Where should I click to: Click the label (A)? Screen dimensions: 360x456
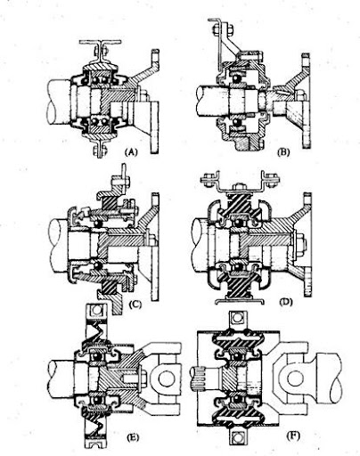(131, 152)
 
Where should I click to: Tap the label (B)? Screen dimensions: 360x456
(283, 152)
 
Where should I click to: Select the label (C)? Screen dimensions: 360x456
(135, 304)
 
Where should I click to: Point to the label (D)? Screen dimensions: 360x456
(286, 302)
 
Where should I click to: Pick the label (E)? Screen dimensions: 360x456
(133, 437)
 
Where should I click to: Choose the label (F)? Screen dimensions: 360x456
(293, 436)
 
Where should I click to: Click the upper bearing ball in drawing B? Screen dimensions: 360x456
(236, 78)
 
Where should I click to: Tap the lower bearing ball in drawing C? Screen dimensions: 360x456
(98, 265)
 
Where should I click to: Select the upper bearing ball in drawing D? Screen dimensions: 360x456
(237, 223)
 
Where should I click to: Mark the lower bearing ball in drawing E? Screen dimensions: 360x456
(96, 401)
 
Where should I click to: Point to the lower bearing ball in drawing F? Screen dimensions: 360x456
(237, 400)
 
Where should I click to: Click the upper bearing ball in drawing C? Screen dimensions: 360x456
(98, 224)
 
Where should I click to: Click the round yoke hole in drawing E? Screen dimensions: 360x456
(166, 379)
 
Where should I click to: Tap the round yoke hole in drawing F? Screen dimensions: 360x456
(295, 378)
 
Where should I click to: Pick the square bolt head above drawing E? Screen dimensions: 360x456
(96, 310)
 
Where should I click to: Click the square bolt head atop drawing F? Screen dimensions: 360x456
(237, 318)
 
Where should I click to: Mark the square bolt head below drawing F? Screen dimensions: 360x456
(237, 437)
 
